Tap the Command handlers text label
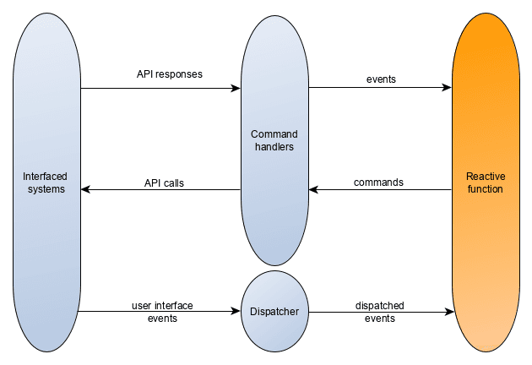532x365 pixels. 274,141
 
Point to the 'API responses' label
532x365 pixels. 170,74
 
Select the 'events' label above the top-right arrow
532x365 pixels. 381,79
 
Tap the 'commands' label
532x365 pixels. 378,182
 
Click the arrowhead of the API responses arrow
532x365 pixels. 236,88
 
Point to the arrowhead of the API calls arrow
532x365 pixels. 85,190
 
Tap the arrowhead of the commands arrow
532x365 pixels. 312,190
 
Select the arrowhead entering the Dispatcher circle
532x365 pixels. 236,312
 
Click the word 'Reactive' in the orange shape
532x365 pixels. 486,177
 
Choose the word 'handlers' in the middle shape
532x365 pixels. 274,148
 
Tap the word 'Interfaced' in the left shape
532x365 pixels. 45,177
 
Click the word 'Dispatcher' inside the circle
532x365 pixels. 274,312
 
